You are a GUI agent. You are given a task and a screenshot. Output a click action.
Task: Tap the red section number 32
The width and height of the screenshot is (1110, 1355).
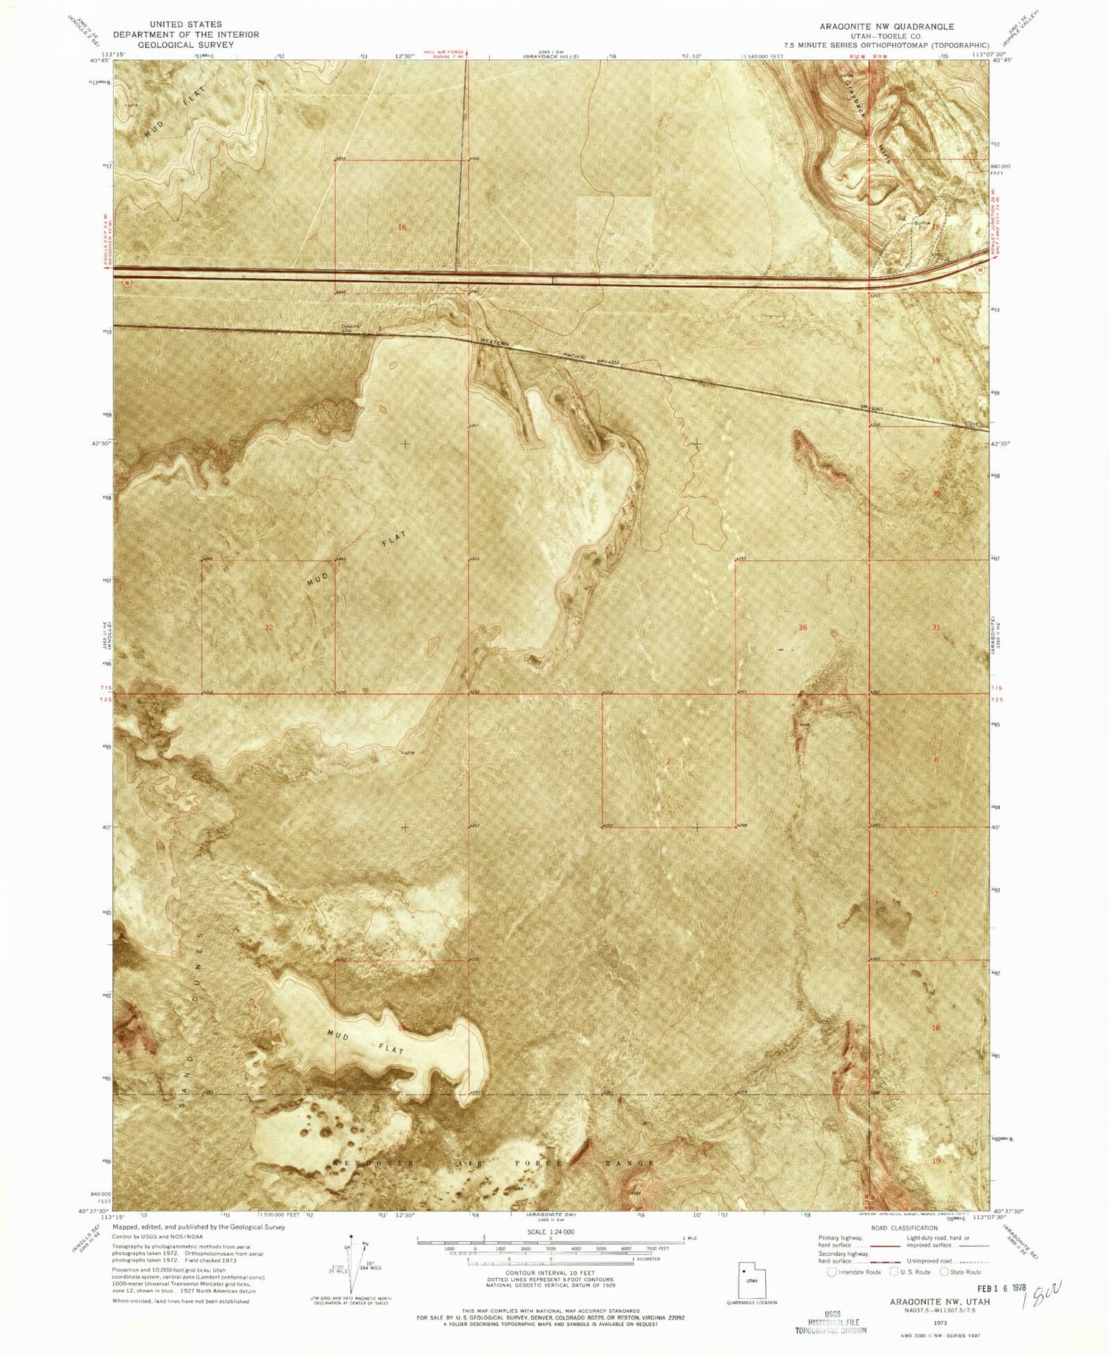pyautogui.click(x=269, y=628)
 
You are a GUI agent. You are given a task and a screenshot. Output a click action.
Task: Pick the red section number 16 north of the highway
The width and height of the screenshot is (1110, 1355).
pyautogui.click(x=402, y=227)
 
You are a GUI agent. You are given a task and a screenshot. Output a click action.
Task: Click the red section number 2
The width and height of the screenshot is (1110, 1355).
pyautogui.click(x=668, y=761)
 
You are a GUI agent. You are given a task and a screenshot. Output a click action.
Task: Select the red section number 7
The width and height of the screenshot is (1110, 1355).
pyautogui.click(x=936, y=894)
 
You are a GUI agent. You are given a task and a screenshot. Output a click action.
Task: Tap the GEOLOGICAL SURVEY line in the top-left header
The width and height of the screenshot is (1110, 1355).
pyautogui.click(x=186, y=44)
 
